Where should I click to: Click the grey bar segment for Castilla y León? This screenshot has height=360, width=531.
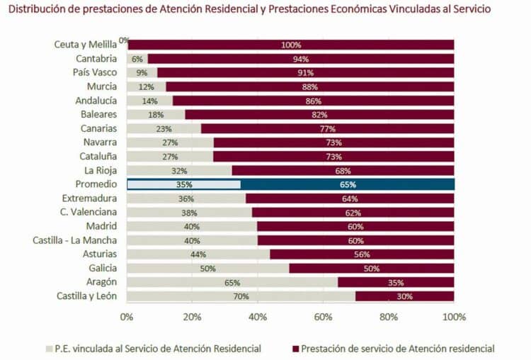click(241, 296)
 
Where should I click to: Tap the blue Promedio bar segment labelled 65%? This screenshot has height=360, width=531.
click(347, 184)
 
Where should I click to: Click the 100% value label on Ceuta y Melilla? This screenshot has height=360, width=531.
click(291, 45)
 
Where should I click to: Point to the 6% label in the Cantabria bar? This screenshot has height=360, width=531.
click(137, 59)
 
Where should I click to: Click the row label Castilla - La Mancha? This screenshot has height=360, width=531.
click(74, 240)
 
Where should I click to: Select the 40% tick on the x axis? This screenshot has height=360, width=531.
click(258, 316)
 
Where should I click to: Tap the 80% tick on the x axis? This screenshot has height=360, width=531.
click(389, 316)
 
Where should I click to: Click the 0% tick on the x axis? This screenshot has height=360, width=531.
click(127, 316)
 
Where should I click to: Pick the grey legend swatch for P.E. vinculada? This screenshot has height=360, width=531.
click(49, 348)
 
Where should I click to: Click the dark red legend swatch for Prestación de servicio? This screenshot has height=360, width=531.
click(294, 348)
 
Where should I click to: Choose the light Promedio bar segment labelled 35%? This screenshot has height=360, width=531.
click(183, 184)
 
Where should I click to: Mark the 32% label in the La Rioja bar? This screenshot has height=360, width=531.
click(180, 171)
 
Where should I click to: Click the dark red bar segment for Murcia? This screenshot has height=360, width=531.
click(309, 86)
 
